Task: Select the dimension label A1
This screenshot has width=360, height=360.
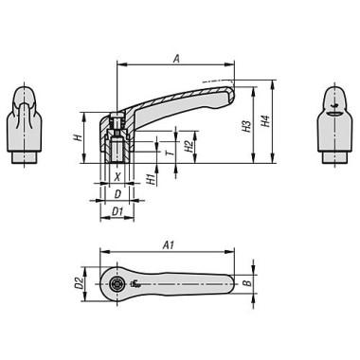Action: tap(168, 244)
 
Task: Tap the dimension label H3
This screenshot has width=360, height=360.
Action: tap(245, 125)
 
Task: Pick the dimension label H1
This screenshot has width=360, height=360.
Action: tap(153, 179)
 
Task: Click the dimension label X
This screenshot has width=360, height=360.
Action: tap(117, 176)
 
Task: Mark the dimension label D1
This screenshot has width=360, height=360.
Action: tap(117, 210)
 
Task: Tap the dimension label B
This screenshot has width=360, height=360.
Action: tap(246, 282)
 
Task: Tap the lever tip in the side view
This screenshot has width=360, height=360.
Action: tap(227, 94)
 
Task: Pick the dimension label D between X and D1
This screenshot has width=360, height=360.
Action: tap(117, 193)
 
